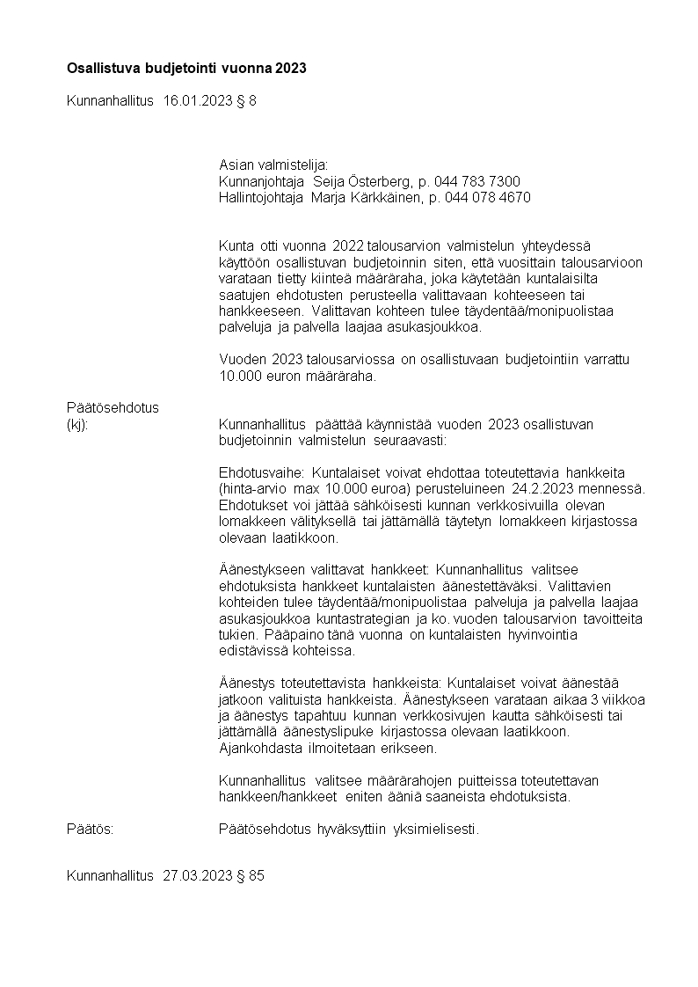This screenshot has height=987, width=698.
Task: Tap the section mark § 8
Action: [x=246, y=101]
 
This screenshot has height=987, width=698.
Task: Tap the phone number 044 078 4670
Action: [x=487, y=198]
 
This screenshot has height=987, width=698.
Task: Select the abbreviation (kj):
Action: [x=77, y=425]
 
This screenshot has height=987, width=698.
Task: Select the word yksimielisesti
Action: [x=435, y=828]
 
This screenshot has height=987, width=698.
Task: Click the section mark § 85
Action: [x=250, y=876]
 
